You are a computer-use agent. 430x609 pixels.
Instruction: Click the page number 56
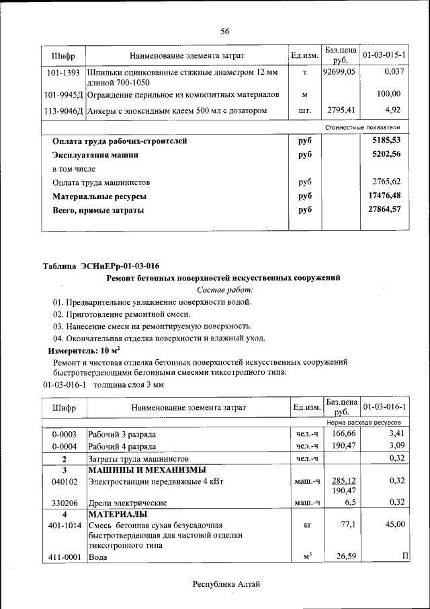[x=225, y=31]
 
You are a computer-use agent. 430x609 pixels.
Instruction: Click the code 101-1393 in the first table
[x=63, y=71]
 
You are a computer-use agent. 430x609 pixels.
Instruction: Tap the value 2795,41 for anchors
[x=341, y=110]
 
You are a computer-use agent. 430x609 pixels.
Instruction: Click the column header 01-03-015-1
[x=384, y=54]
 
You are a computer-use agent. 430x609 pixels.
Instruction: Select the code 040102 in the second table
[x=63, y=482]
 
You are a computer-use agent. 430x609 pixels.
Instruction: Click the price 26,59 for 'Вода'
[x=344, y=556]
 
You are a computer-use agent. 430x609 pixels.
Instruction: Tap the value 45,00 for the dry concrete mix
[x=394, y=524]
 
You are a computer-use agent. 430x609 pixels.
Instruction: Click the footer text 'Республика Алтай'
[x=226, y=584]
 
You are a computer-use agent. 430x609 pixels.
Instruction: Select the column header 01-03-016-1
[x=384, y=408]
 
